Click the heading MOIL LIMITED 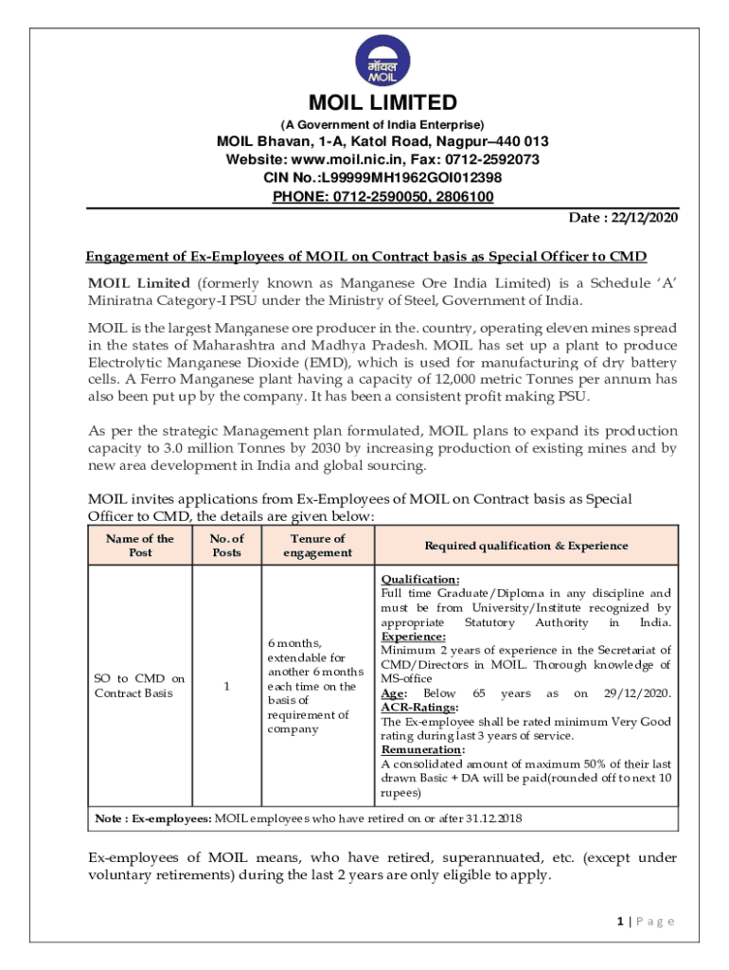tap(382, 102)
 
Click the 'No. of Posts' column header tap(226, 546)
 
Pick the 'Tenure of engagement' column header tap(317, 546)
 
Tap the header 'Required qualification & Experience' tap(525, 546)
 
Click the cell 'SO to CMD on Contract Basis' tap(140, 686)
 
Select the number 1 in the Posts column tap(226, 687)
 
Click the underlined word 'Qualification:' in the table tap(420, 579)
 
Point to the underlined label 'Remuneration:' tap(422, 749)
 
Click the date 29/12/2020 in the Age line tap(636, 693)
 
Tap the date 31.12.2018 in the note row tap(489, 817)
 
